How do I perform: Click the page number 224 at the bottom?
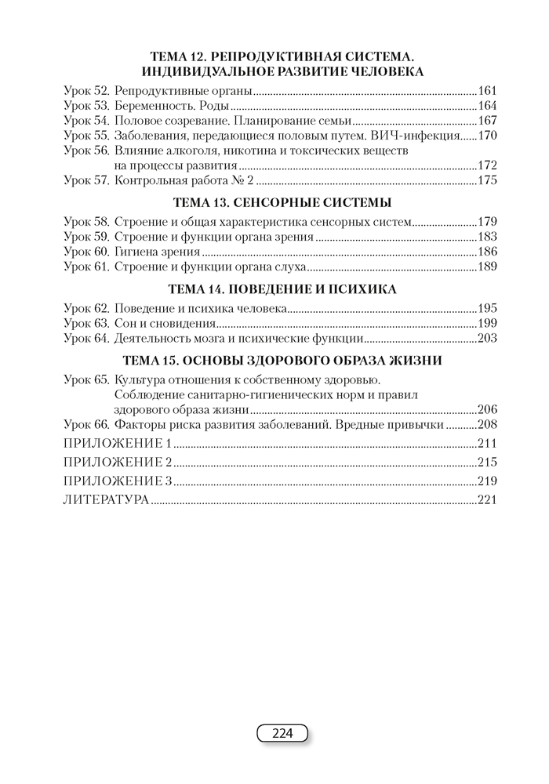click(x=282, y=734)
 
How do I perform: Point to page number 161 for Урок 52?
click(x=488, y=90)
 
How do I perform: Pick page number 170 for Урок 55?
click(x=488, y=135)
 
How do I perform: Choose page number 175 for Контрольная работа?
click(x=488, y=180)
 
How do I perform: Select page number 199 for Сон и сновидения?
click(x=488, y=324)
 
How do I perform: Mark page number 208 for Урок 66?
click(x=488, y=425)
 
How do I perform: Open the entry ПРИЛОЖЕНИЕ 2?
click(x=116, y=462)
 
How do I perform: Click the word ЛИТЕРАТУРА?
click(x=105, y=500)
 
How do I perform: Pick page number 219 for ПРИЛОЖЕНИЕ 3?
click(x=488, y=481)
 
